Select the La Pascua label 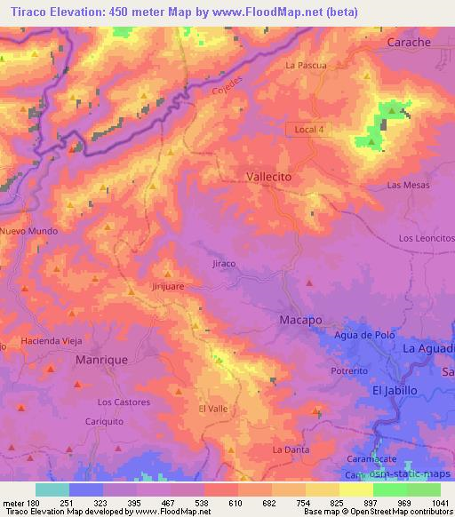(306, 66)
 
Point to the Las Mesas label (408, 185)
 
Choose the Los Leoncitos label (426, 239)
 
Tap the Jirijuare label (166, 287)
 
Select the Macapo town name (299, 319)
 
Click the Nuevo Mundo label (29, 231)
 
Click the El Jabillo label (395, 391)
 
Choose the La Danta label (291, 450)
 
